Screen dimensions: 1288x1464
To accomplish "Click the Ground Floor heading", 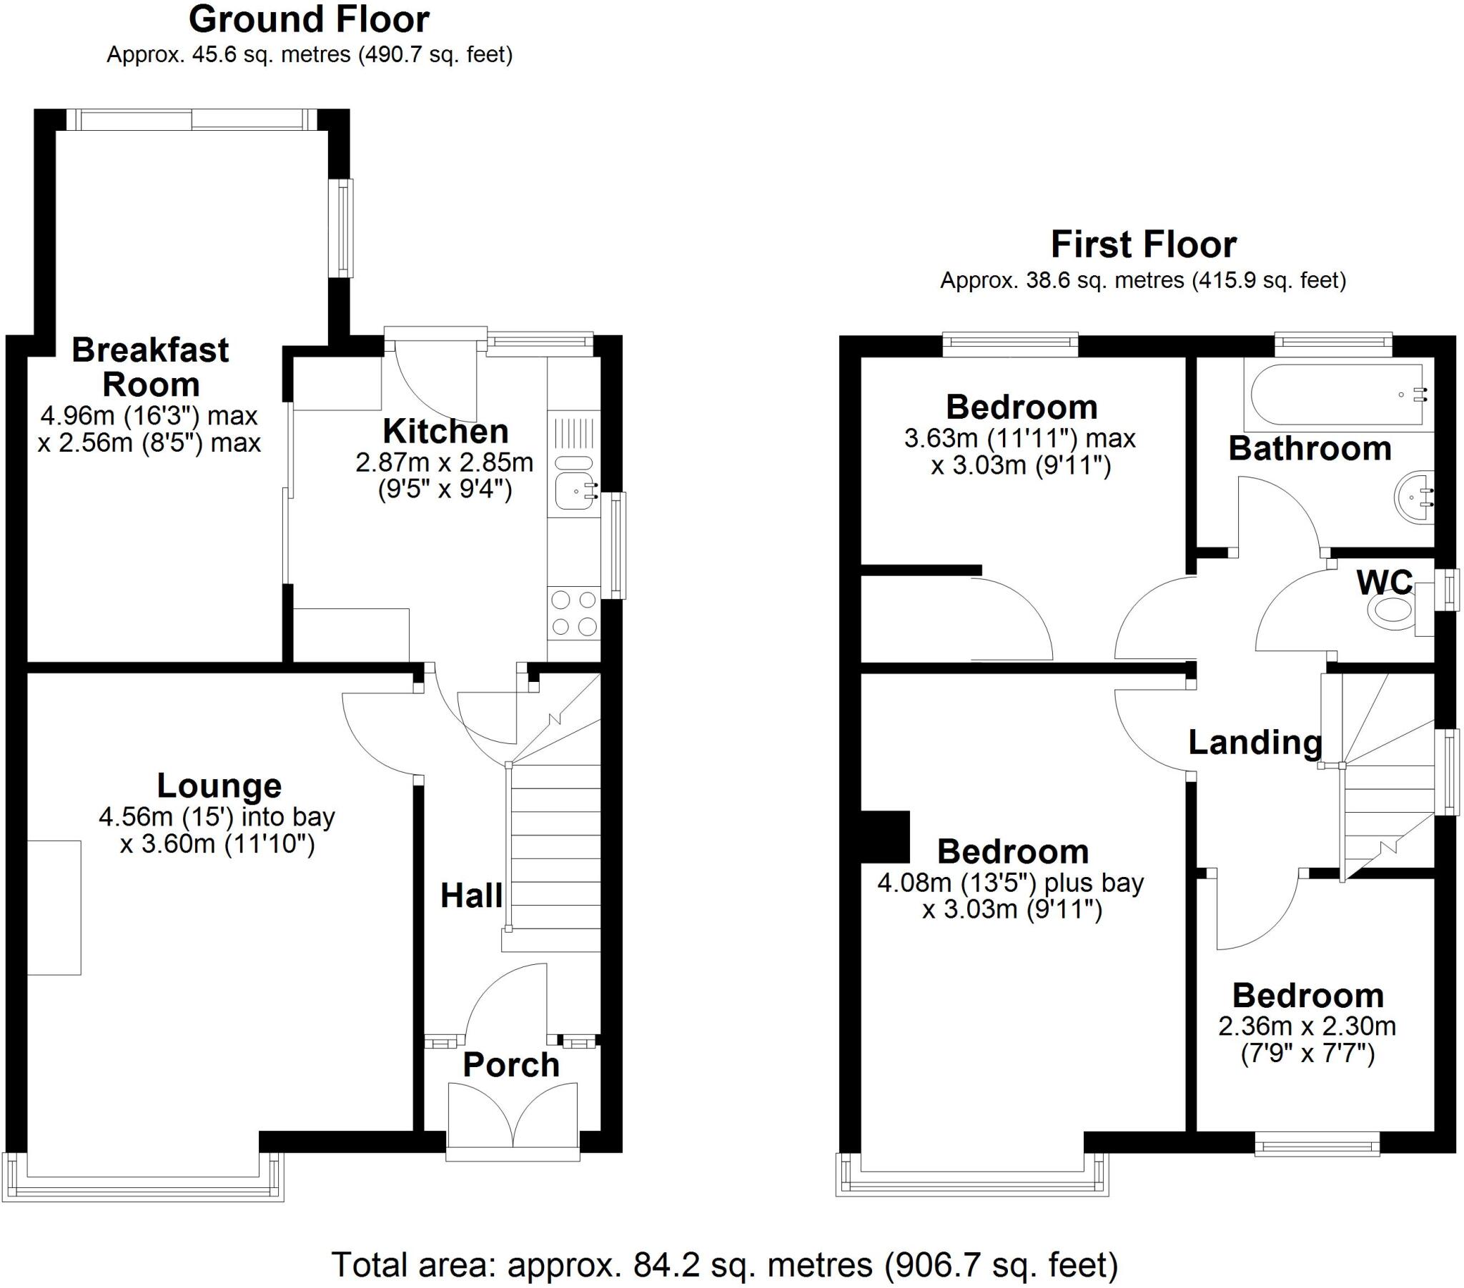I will [309, 20].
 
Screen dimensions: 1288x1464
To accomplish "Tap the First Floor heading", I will [1143, 245].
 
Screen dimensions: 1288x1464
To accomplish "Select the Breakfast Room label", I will [150, 367].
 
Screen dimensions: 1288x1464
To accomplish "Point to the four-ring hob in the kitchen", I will [574, 613].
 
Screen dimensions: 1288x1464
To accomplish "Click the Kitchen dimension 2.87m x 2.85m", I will [445, 462].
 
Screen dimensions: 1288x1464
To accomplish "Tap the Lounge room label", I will [219, 786].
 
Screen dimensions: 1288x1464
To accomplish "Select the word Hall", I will [470, 896].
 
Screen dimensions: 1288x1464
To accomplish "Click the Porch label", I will [510, 1065].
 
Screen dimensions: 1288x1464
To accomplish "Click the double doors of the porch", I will [513, 1114].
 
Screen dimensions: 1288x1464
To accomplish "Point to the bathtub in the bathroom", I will [1337, 395].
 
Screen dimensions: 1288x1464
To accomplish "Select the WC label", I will [1385, 583].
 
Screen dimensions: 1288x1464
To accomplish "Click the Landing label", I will [1255, 743].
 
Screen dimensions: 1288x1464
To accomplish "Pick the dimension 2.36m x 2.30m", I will [1307, 1026].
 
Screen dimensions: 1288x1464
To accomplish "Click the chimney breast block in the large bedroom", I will [884, 837].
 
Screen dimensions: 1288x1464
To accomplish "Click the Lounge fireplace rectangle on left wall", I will [54, 908].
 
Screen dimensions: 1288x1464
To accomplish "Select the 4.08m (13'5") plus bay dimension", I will [1010, 883].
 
